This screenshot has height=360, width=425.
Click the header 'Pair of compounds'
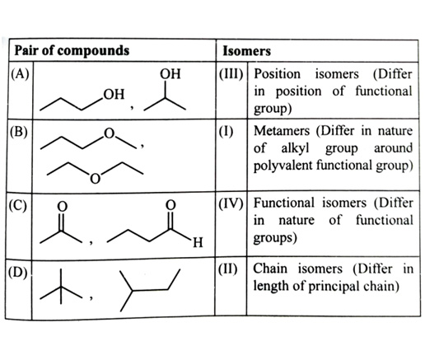pyautogui.click(x=72, y=50)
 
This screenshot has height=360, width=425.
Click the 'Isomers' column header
pyautogui.click(x=246, y=51)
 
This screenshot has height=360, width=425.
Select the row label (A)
pyautogui.click(x=20, y=74)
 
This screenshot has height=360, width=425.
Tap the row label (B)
pyautogui.click(x=19, y=132)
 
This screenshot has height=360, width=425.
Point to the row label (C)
pyautogui.click(x=18, y=205)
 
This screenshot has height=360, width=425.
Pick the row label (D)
pyautogui.click(x=18, y=273)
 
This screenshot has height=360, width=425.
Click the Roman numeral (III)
pyautogui.click(x=231, y=74)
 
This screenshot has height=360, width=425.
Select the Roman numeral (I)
pyautogui.click(x=227, y=131)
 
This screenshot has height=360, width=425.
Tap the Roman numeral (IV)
pyautogui.click(x=231, y=203)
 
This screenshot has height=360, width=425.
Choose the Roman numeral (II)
pyautogui.click(x=228, y=269)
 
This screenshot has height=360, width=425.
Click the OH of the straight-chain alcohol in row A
pyautogui.click(x=114, y=94)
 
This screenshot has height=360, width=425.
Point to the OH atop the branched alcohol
pyautogui.click(x=170, y=74)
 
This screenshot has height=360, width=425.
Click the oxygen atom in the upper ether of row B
pyautogui.click(x=109, y=133)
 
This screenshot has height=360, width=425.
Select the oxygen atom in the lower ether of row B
pyautogui.click(x=95, y=179)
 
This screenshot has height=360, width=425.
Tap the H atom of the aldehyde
pyautogui.click(x=198, y=243)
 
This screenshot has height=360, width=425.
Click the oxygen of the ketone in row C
pyautogui.click(x=63, y=207)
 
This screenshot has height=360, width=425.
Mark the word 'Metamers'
pyautogui.click(x=282, y=131)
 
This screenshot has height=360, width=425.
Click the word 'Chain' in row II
pyautogui.click(x=270, y=269)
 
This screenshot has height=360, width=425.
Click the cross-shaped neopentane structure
pyautogui.click(x=61, y=288)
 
